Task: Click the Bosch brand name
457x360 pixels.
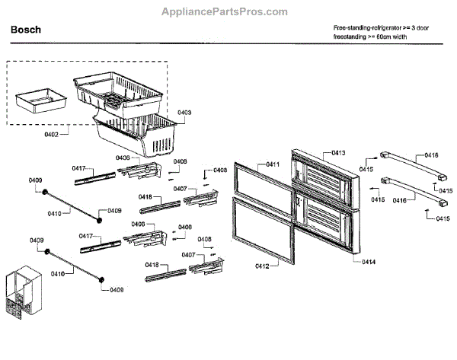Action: click(x=27, y=30)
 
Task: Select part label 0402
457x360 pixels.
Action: click(x=50, y=134)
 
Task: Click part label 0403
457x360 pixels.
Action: click(x=184, y=113)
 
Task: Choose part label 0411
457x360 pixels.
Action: click(x=272, y=165)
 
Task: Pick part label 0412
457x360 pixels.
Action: click(x=261, y=266)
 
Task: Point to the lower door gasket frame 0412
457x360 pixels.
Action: click(x=263, y=228)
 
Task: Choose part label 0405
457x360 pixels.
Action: click(x=123, y=158)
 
